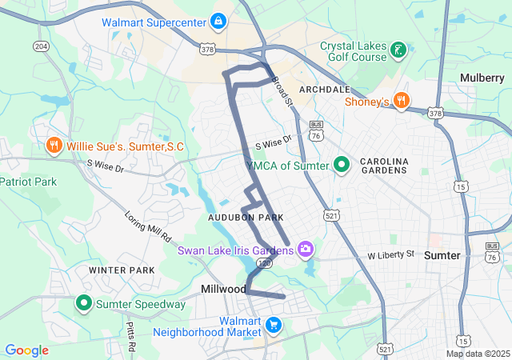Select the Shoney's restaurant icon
pyautogui.click(x=402, y=101)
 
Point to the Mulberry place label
pyautogui.click(x=482, y=78)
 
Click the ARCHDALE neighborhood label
pyautogui.click(x=324, y=89)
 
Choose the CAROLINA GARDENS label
pyautogui.click(x=384, y=166)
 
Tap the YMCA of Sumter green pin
pyautogui.click(x=342, y=166)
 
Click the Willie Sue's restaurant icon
pyautogui.click(x=54, y=146)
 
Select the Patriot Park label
pyautogui.click(x=28, y=182)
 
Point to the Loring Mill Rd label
pyautogui.click(x=149, y=226)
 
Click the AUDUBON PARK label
pyautogui.click(x=246, y=218)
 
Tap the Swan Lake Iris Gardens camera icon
pyautogui.click(x=305, y=250)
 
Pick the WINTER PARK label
pyautogui.click(x=122, y=270)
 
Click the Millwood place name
pyautogui.click(x=223, y=288)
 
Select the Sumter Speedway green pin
pyautogui.click(x=84, y=303)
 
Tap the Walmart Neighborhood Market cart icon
pyautogui.click(x=274, y=325)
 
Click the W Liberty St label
pyautogui.click(x=391, y=254)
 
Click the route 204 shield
pyautogui.click(x=41, y=46)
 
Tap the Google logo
pyautogui.click(x=26, y=350)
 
